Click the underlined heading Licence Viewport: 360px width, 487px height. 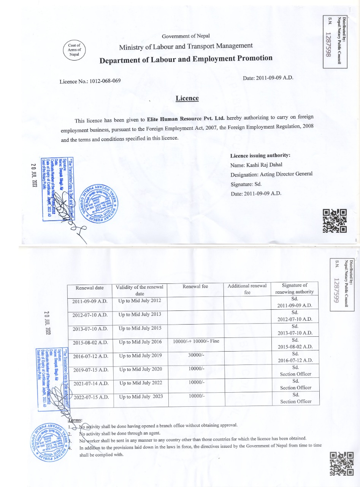tap(187, 98)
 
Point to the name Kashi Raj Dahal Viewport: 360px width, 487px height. tap(262, 165)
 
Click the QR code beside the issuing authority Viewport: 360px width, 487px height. tap(335, 221)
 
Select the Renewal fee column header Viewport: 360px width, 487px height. tap(195, 286)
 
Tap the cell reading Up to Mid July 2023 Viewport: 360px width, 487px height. tap(141, 396)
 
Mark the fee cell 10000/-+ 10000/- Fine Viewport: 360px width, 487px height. tap(196, 341)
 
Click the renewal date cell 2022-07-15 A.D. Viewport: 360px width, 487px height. tap(91, 398)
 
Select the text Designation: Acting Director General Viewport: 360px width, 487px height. tap(271, 174)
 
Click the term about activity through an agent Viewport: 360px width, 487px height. tap(120, 433)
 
